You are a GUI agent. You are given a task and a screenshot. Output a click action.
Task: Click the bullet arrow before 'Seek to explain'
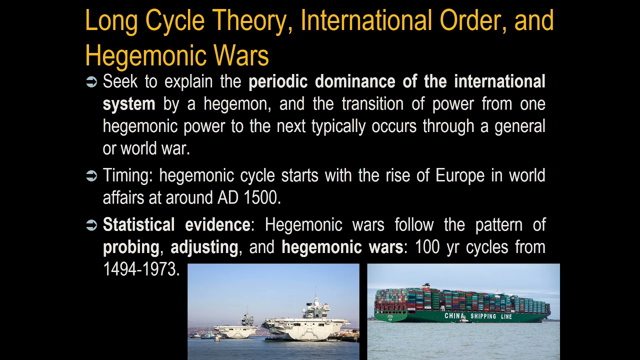91,82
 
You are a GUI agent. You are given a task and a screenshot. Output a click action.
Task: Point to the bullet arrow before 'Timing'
91,176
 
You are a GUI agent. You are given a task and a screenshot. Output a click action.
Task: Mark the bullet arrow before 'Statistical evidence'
91,226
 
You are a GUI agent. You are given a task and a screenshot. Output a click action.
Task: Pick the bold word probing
131,247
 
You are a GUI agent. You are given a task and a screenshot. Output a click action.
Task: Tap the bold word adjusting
204,247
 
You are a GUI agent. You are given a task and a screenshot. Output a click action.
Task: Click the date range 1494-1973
140,269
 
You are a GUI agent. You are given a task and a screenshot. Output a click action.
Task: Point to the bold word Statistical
138,225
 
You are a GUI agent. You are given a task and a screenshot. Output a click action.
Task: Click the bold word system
128,104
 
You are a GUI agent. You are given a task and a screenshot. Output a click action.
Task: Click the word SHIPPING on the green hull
484,316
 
